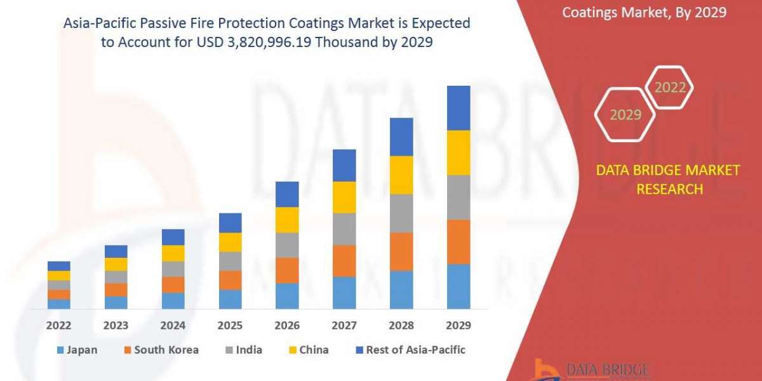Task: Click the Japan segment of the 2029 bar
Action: pos(458,286)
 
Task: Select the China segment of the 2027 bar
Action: pos(344,197)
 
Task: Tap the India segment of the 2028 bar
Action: pos(401,213)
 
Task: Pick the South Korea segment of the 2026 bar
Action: pos(287,271)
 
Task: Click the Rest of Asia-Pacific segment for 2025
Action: pos(230,223)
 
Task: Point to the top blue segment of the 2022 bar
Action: pos(59,266)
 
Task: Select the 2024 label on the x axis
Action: pos(173,326)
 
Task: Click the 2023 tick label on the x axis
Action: pos(116,326)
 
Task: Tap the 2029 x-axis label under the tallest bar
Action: pos(458,326)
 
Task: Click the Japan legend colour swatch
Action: pos(60,350)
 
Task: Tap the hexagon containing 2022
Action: pos(670,88)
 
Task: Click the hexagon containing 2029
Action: pos(625,115)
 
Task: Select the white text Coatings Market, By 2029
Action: pos(645,12)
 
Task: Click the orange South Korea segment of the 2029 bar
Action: pos(458,242)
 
